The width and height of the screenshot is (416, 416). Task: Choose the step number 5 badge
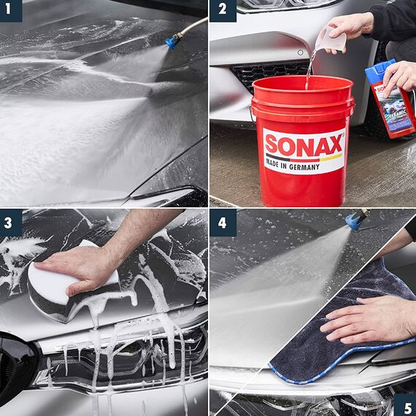[404, 405]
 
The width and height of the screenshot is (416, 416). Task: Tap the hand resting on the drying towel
[365, 320]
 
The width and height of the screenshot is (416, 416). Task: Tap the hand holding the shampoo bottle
[400, 73]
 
